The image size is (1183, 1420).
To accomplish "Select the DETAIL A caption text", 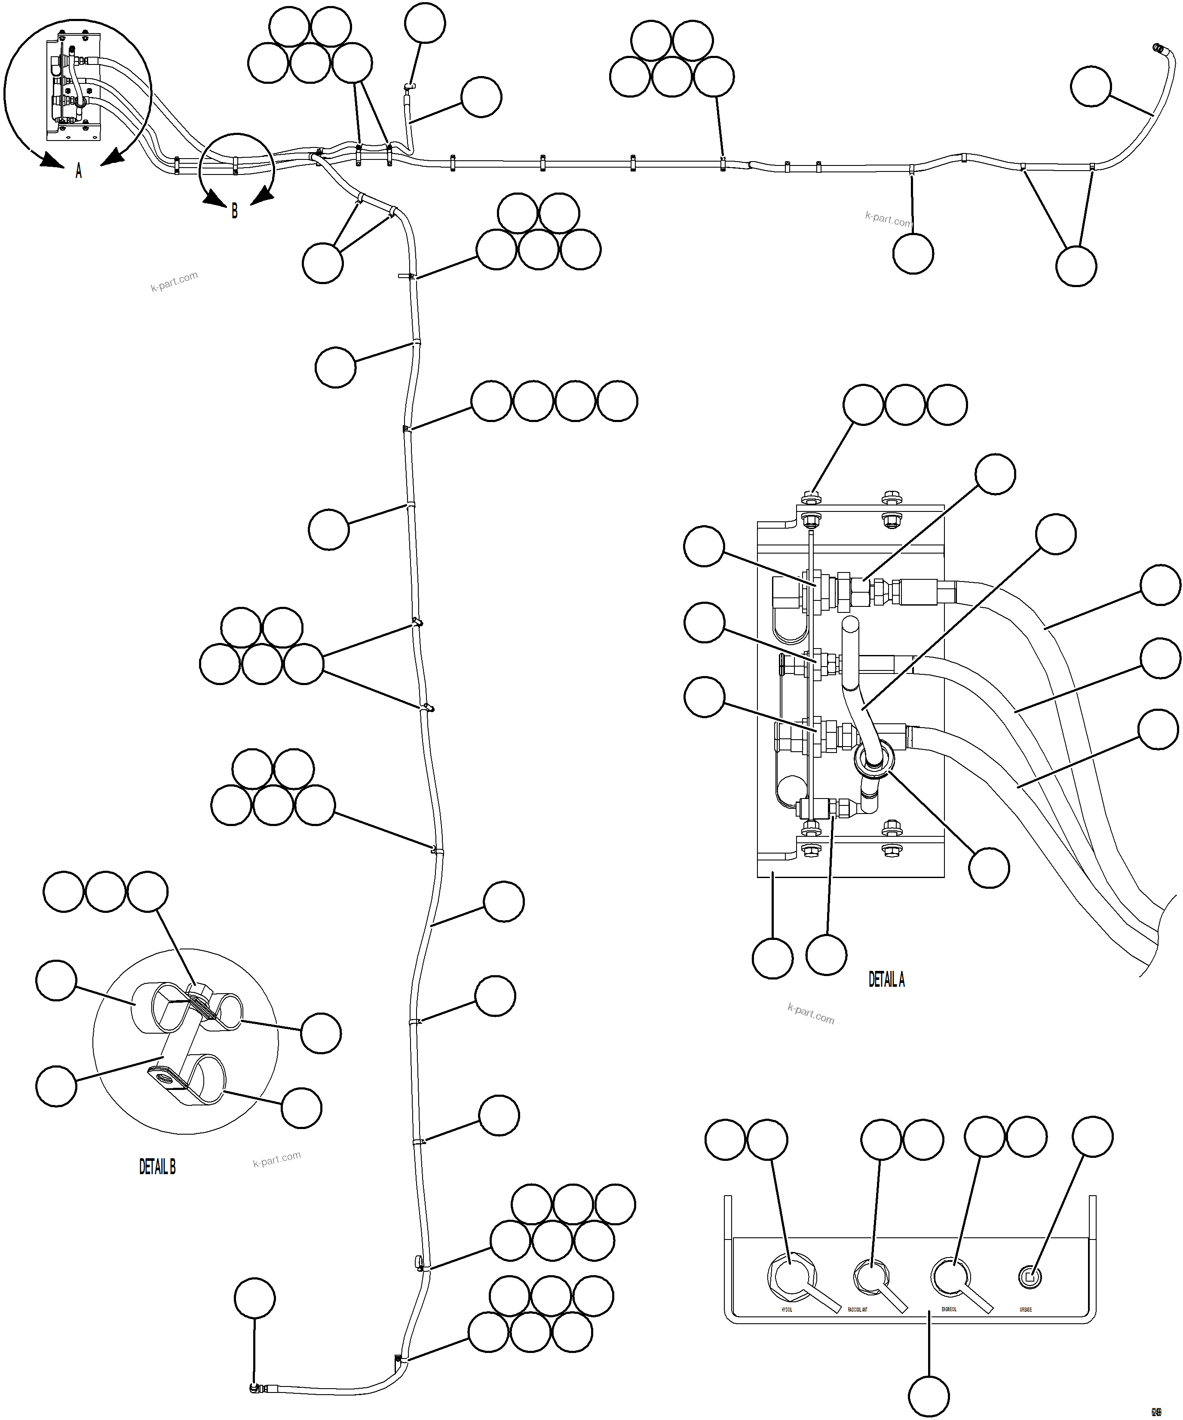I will pos(886,979).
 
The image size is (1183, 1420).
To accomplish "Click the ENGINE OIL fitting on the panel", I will pos(950,1276).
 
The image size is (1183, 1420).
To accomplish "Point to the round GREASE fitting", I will pos(1030,1276).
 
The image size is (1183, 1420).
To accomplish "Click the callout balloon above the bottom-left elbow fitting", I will pos(255,1298).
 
